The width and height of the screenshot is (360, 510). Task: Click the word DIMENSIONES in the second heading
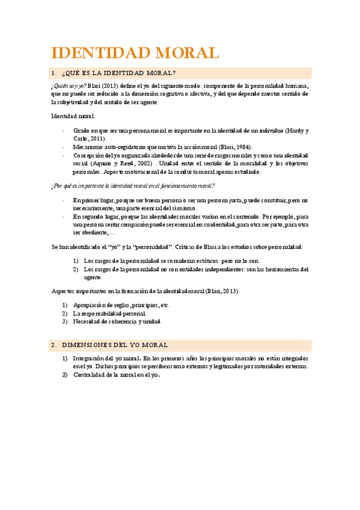coord(87,345)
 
